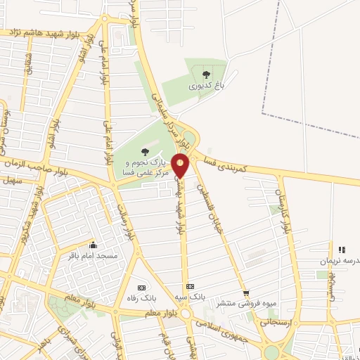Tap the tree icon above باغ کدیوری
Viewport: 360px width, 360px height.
[x=206, y=74]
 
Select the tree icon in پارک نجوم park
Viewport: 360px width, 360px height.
[x=145, y=150]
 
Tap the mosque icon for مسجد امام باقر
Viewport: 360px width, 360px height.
[x=93, y=245]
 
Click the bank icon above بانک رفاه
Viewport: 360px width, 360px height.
[x=141, y=288]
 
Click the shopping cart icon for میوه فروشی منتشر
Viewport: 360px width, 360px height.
[x=245, y=293]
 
